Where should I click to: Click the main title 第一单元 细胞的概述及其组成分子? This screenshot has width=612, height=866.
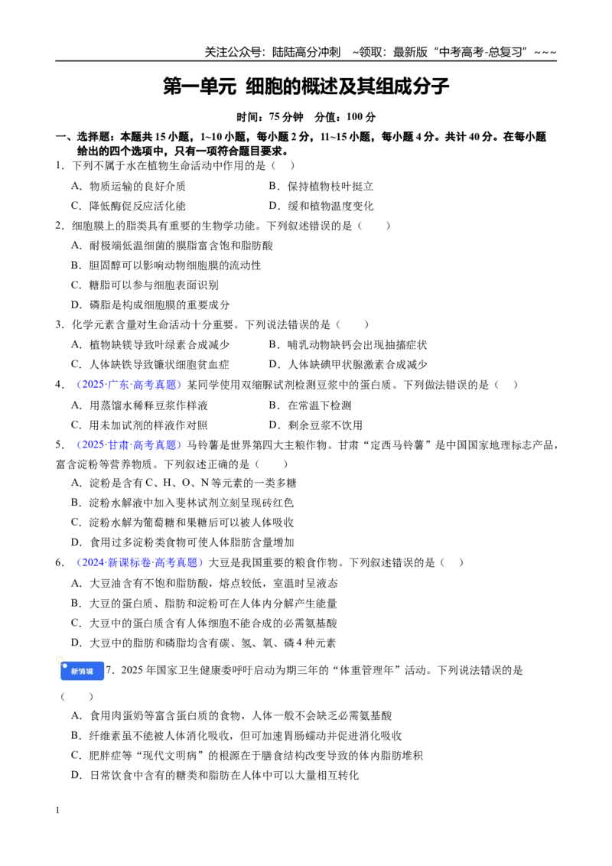tap(306, 86)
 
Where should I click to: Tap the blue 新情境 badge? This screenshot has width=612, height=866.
tap(82, 671)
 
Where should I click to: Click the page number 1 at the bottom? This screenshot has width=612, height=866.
tap(57, 810)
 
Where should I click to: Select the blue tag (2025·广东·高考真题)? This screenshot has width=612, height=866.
tap(129, 385)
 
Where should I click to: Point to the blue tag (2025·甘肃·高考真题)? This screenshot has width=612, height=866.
tap(129, 445)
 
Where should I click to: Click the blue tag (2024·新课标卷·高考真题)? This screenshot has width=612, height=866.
tap(139, 563)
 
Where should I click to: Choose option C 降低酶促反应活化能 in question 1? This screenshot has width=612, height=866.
tap(129, 206)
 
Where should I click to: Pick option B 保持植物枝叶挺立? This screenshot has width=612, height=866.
tap(321, 186)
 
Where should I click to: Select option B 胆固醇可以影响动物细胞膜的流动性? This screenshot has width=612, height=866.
tap(166, 265)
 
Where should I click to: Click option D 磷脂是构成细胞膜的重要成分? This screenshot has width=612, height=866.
tap(150, 305)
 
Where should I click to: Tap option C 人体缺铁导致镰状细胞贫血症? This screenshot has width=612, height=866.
tap(150, 364)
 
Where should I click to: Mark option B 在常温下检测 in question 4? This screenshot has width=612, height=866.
tap(310, 405)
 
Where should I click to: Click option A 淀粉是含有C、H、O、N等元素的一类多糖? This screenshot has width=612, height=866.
tap(184, 483)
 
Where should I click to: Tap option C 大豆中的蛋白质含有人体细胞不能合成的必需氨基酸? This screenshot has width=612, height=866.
tap(203, 623)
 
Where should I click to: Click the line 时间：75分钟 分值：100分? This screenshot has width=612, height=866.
tap(306, 117)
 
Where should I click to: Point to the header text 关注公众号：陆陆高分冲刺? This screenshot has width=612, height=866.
tap(272, 53)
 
